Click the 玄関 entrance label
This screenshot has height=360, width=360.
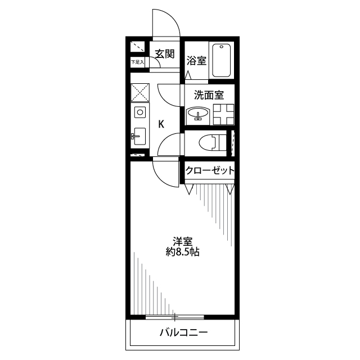click(x=165, y=54)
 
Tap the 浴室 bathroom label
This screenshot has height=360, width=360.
click(x=196, y=61)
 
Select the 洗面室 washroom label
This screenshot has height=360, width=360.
click(x=209, y=95)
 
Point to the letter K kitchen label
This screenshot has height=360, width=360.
click(x=161, y=124)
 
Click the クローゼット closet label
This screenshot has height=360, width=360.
click(x=210, y=170)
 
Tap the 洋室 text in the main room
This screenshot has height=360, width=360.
click(x=182, y=241)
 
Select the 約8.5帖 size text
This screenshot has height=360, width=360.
click(x=182, y=252)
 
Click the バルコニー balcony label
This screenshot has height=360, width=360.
click(x=184, y=332)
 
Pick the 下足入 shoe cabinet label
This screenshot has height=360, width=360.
click(x=137, y=62)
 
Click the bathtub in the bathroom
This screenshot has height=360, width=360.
click(x=221, y=60)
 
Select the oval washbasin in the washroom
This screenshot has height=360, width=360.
click(x=198, y=113)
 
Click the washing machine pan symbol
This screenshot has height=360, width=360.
click(x=224, y=114)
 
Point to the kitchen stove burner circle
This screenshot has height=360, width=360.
click(x=140, y=112)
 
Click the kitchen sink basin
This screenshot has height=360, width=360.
click(x=139, y=136)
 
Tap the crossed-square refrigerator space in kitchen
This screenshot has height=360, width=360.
click(x=140, y=92)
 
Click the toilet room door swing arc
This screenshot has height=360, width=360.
click(x=164, y=139)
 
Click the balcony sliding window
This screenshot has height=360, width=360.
click(x=175, y=317)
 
